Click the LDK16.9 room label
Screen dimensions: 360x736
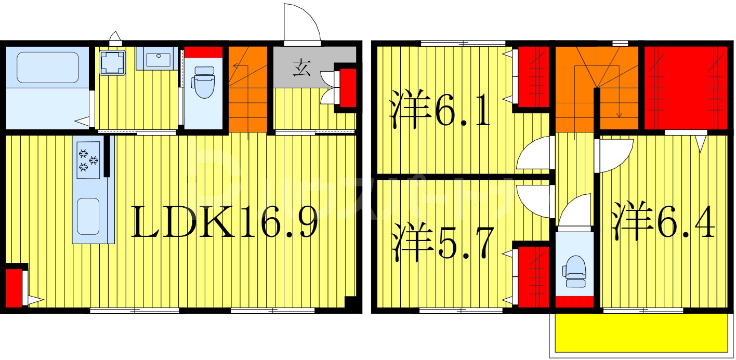[x=224, y=222]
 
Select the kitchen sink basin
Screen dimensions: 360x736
[x=88, y=216]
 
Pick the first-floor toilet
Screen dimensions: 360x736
[x=203, y=82]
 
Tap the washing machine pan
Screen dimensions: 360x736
[x=113, y=62]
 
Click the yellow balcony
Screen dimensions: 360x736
[x=641, y=332]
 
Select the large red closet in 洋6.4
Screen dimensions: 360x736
[x=685, y=87]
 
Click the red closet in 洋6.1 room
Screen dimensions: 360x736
[x=533, y=76]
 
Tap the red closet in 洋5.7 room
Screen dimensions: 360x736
[x=533, y=276]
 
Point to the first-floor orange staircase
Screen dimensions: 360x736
[x=248, y=88]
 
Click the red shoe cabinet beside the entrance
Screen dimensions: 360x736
[x=347, y=87]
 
